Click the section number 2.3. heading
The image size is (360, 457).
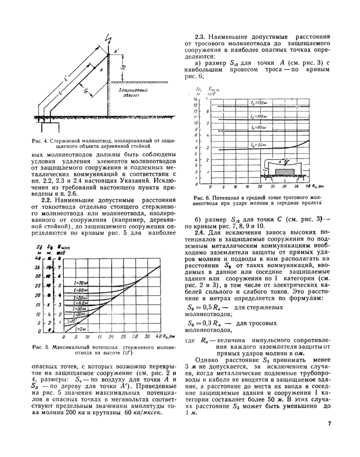pyautogui.click(x=201, y=37)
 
